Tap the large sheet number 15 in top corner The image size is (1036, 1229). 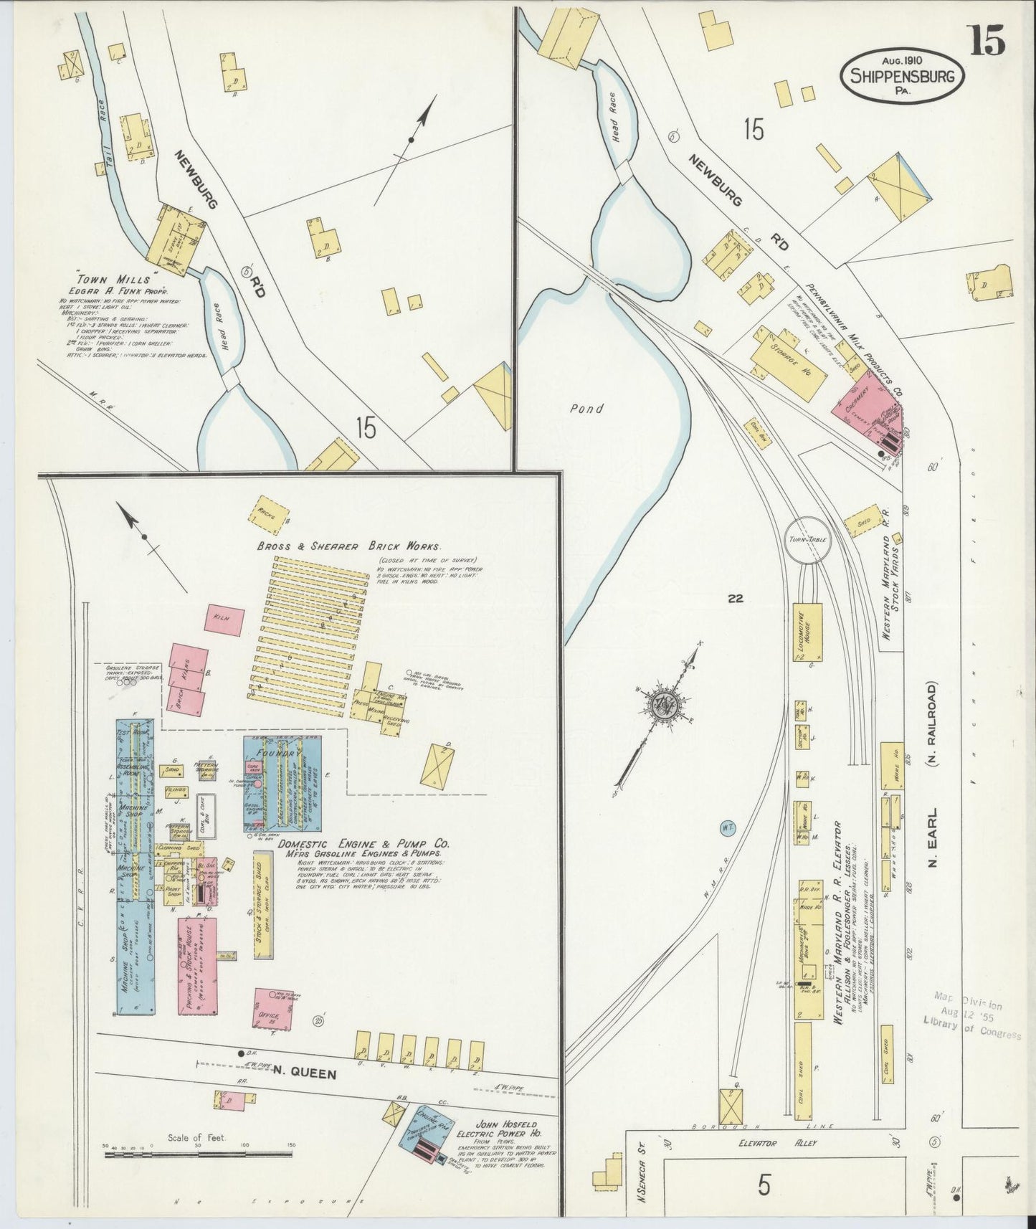tap(988, 40)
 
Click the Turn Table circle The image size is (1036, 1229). tap(808, 539)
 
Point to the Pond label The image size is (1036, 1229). tap(586, 409)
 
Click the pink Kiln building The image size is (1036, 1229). tap(224, 619)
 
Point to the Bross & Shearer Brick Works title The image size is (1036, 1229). tap(348, 546)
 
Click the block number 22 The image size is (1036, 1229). tap(735, 599)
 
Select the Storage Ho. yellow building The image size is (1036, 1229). tap(787, 363)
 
